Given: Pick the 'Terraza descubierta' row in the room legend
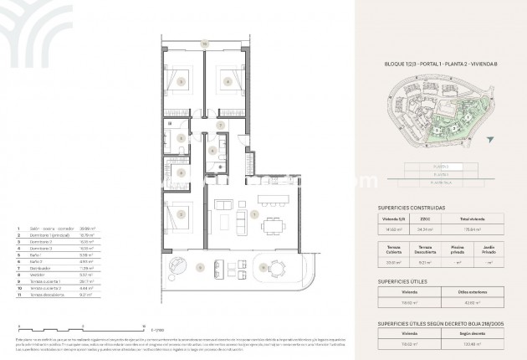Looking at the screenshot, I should [49, 294].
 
